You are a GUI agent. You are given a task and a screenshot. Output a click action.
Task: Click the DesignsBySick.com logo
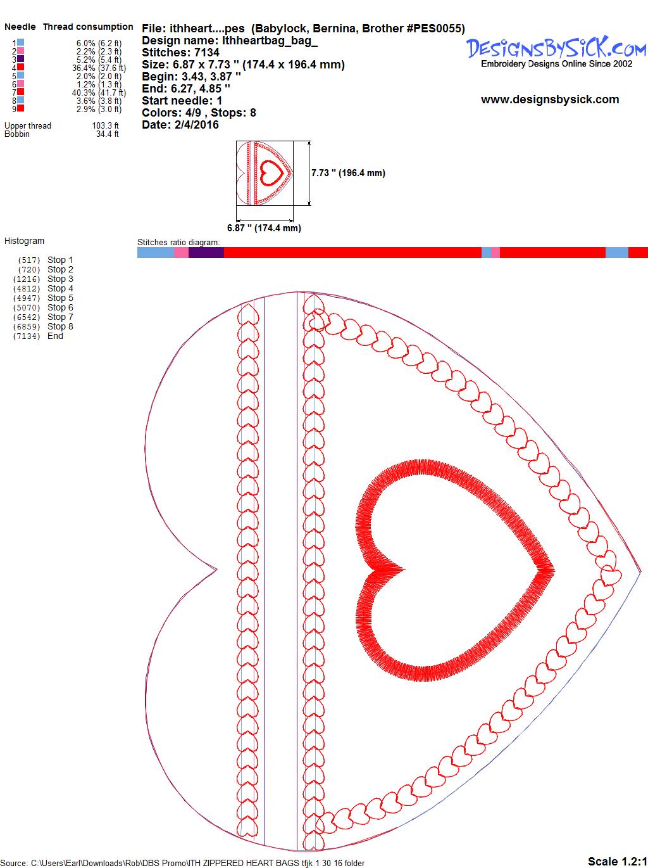(556, 52)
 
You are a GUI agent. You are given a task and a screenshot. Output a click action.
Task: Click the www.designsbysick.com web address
(550, 99)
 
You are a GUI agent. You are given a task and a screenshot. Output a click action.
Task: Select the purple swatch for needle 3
(20, 59)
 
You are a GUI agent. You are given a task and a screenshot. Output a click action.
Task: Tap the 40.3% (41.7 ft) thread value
(99, 93)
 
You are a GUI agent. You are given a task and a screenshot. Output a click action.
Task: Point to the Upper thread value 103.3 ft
(106, 125)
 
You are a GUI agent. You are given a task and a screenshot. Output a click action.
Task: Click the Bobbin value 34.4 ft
(108, 134)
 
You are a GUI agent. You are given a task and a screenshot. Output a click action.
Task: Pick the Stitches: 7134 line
(180, 53)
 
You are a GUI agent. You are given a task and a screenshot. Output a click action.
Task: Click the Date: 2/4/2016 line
(180, 125)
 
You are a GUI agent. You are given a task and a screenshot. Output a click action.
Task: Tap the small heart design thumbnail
(265, 173)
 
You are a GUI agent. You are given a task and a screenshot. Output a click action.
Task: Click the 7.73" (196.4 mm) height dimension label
(348, 173)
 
